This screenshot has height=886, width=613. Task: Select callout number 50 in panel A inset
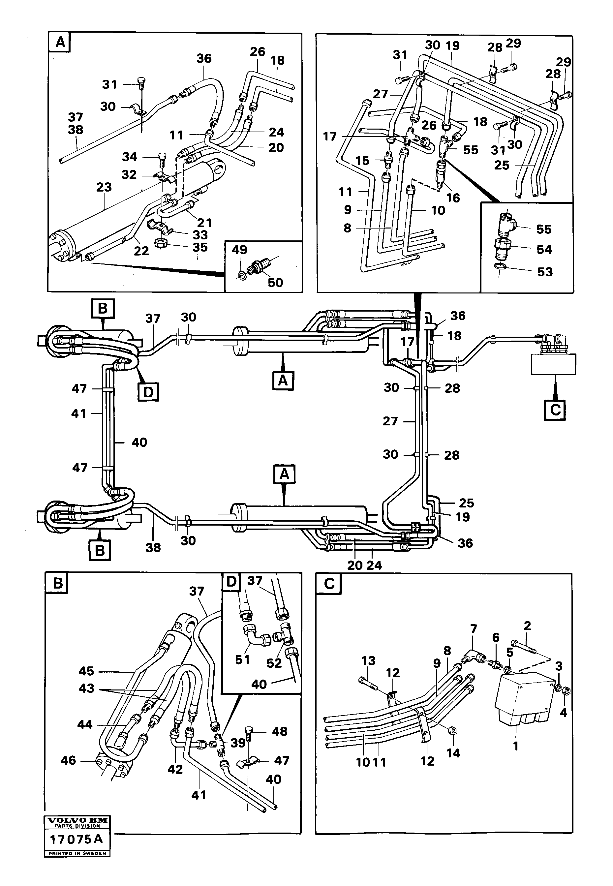coord(275,282)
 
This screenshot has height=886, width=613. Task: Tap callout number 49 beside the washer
coord(239,250)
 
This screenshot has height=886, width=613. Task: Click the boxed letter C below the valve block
coord(555,410)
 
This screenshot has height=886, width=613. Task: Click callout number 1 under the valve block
coord(516,746)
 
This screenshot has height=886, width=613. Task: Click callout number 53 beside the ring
coord(545,272)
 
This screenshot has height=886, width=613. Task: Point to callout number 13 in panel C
coord(368,660)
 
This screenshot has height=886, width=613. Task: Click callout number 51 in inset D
coord(242,660)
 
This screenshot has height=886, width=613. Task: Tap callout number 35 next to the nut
coord(200,247)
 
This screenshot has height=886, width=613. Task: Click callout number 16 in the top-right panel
coord(453,198)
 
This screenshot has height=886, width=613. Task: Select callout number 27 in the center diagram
coord(390,421)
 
